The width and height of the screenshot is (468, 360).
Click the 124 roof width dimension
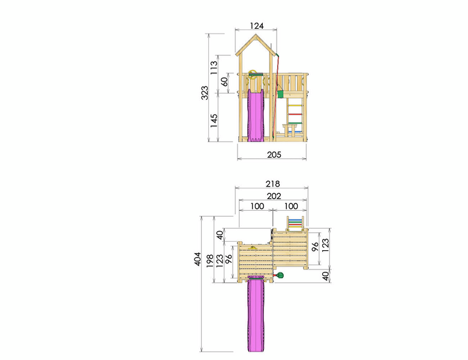pos(257,26)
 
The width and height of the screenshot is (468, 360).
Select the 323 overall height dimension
pos(205,93)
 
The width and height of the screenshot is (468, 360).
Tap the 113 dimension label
pos(214,68)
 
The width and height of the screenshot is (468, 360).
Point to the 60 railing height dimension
pos(224,80)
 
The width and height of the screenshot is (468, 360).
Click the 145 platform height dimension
pos(214,121)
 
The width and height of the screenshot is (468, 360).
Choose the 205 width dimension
pos(274,155)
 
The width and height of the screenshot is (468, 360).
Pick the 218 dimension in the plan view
pos(273,184)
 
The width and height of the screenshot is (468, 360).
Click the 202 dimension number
pos(274,196)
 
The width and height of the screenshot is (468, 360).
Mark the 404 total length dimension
pos(197,259)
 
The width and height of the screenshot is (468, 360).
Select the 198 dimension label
pos(209,261)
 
